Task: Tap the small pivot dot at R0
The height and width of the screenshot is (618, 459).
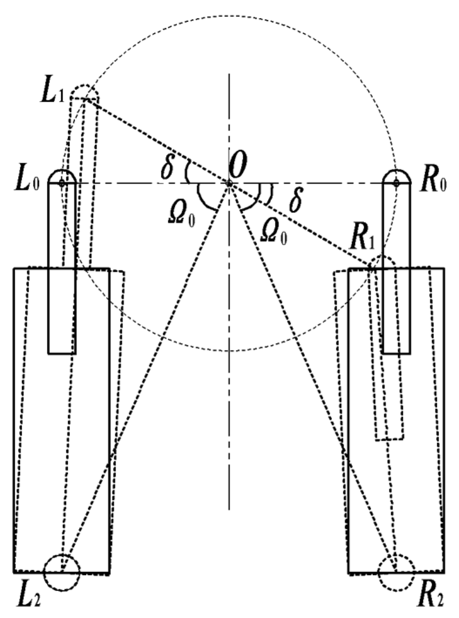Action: (396, 183)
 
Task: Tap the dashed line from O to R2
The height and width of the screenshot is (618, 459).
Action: (313, 379)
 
